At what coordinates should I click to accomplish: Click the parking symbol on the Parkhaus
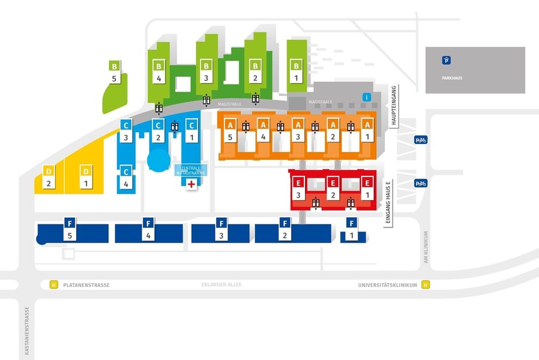click(x=446, y=60)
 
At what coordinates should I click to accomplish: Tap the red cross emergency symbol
click(x=191, y=184)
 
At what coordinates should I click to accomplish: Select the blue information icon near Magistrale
click(x=366, y=97)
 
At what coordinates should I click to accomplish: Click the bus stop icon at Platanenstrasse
click(x=53, y=285)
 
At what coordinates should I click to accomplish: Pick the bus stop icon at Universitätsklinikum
click(x=426, y=285)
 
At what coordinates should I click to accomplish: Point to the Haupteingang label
click(x=394, y=105)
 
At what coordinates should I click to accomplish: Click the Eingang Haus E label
click(x=388, y=203)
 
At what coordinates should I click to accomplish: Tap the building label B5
click(x=114, y=72)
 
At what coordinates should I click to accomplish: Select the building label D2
click(x=48, y=177)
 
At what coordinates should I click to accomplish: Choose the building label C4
click(x=126, y=178)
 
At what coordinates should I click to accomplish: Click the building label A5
click(x=230, y=131)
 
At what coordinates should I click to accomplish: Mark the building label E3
click(x=298, y=189)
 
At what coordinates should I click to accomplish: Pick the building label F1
click(x=351, y=229)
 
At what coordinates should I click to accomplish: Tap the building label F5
click(x=70, y=229)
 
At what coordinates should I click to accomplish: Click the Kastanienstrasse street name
click(x=27, y=331)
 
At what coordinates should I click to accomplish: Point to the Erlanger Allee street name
click(x=222, y=284)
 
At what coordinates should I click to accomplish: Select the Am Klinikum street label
click(x=426, y=247)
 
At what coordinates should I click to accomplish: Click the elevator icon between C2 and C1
click(x=175, y=126)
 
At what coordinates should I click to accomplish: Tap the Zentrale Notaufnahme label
click(x=191, y=170)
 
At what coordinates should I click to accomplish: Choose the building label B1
click(x=296, y=71)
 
